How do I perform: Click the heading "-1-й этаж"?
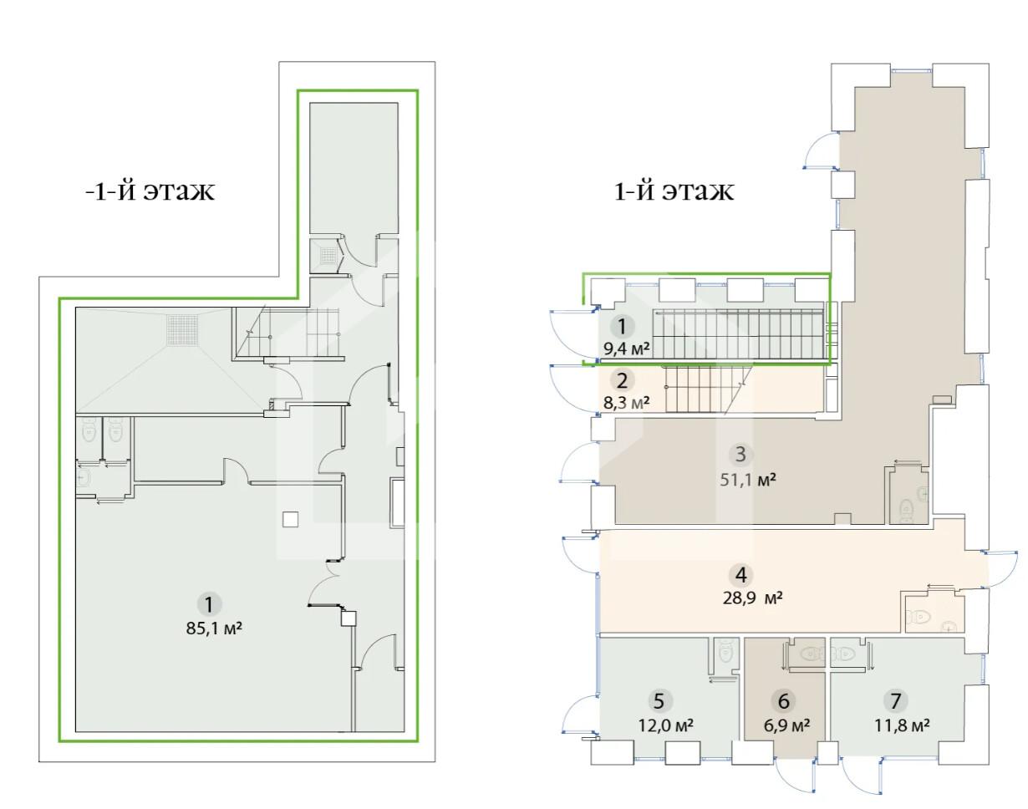pos(150,191)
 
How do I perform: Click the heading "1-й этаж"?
pos(674,191)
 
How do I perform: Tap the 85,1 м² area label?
pos(214,628)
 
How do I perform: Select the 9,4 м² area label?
pos(627,349)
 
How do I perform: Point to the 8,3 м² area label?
pos(626,402)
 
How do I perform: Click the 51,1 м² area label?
pos(747,479)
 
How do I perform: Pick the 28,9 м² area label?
pos(752,598)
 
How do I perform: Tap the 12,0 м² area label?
pos(666,726)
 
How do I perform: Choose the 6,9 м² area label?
pos(786,726)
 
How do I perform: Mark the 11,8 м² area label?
pos(902,726)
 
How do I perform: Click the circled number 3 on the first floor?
pos(740,455)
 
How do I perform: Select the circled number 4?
pos(740,575)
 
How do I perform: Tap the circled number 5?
pos(659,701)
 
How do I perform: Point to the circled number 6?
pos(783,701)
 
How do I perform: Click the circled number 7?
pos(896,701)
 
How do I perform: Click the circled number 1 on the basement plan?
pos(209,604)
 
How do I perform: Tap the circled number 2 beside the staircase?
pos(622,381)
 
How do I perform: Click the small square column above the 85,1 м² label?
pos(290,519)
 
